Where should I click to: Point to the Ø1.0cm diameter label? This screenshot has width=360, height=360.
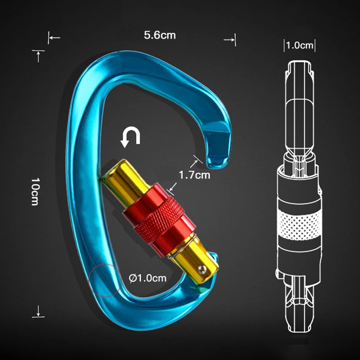pos(147,278)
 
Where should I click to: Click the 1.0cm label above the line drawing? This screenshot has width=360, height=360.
pos(299,45)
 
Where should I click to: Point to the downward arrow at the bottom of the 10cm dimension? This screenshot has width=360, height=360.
pos(39,310)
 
